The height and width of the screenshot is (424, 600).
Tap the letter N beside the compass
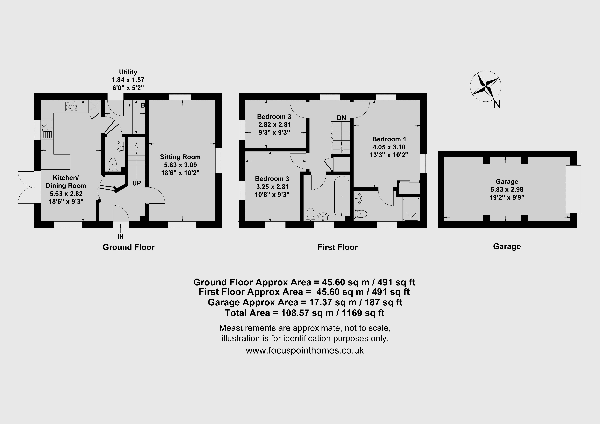tap(497, 105)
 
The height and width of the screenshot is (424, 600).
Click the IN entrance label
tap(120, 237)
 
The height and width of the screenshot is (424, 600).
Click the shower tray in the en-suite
tap(411, 209)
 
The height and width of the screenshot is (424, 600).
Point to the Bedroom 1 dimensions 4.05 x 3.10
tap(389, 147)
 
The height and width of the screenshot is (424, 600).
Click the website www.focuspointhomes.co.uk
tap(305, 350)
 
